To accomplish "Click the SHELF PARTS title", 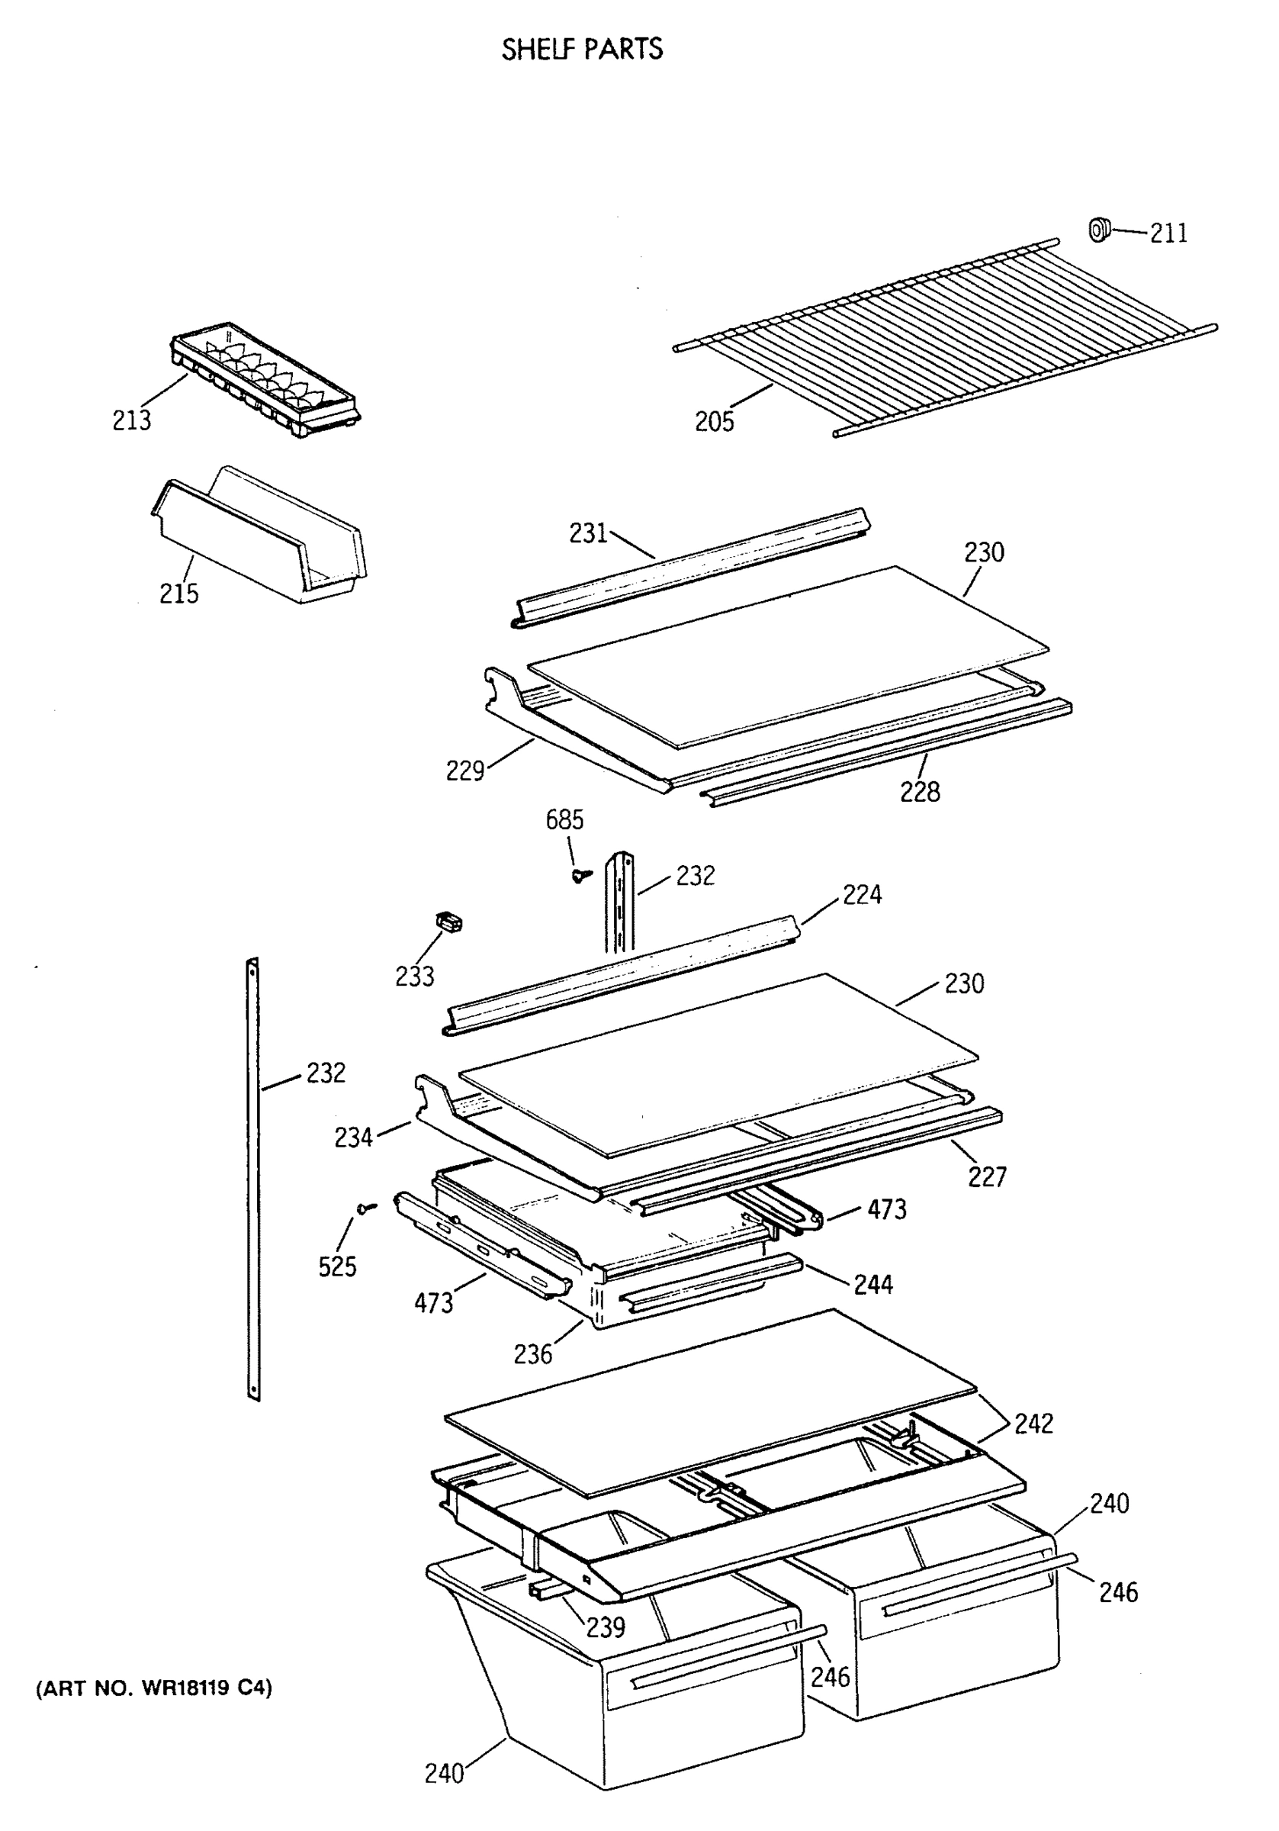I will coord(581,50).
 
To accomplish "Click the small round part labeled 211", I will coord(1099,230).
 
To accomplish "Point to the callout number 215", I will coord(178,594).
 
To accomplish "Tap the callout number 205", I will coord(714,421).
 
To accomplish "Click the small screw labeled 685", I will coord(581,875).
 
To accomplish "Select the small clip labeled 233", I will coord(450,922).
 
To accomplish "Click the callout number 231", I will coord(588,533).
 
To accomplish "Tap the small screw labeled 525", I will coord(366,1208).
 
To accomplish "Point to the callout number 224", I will coord(862,895).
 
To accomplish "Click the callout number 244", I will coord(873,1284).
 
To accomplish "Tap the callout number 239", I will coord(606,1627).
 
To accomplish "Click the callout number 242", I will coord(1033,1424).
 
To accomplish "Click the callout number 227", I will coord(986,1176).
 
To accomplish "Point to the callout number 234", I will coord(352,1138).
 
